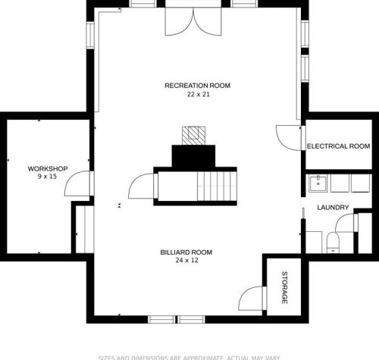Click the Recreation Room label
point(197,86)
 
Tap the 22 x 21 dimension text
point(197,95)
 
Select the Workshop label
point(48,168)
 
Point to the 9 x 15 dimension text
point(48,177)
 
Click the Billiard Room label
point(186,252)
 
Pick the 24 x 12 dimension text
point(186,260)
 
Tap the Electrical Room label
point(338,146)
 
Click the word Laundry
point(333,207)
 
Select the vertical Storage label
point(285,287)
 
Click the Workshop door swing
point(79,184)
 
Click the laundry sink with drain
point(318,183)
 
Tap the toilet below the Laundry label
point(332,242)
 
